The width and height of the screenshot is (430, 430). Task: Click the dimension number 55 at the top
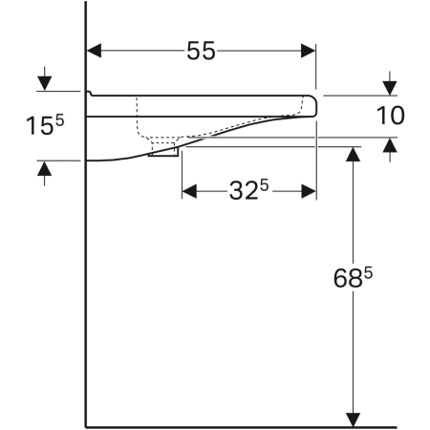pos(201,52)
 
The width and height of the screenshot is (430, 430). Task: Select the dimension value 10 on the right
pos(391,116)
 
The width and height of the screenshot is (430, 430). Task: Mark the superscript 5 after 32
pos(260,183)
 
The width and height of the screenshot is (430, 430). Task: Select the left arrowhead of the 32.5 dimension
pos(188,191)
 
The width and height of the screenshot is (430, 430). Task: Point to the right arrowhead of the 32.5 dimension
pos(309,191)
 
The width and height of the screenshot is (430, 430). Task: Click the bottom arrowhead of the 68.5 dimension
pos(354,419)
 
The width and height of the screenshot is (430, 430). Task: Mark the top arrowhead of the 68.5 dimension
pos(354,155)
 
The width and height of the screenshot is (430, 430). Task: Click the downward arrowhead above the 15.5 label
pos(43,83)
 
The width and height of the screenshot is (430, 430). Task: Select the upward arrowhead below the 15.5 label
pos(43,169)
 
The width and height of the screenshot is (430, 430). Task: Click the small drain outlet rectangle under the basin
pos(164,151)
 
